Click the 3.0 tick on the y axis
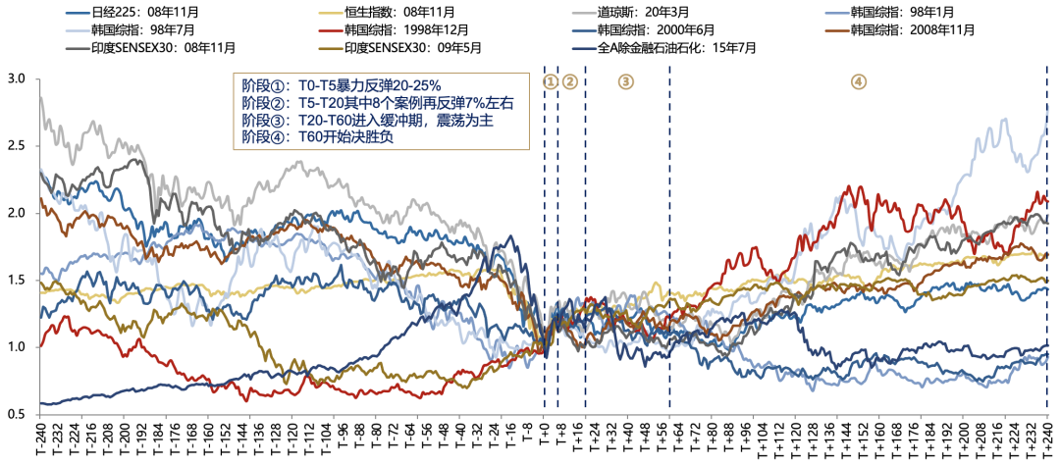[17, 77]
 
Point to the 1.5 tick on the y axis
[17, 281]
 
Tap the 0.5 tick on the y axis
[17, 415]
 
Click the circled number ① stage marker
[550, 81]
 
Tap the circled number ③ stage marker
[626, 81]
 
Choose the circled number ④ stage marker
[859, 81]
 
